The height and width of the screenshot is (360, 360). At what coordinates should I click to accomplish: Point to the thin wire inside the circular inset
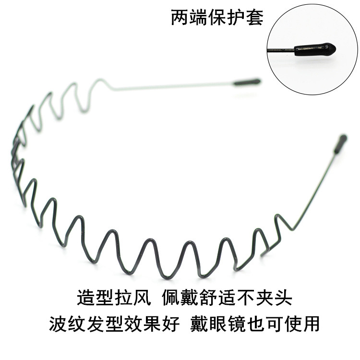coord(281,50)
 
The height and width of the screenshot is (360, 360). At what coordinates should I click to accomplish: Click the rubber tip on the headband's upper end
coord(247,82)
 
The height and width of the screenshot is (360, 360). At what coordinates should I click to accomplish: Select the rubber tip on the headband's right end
coord(341,143)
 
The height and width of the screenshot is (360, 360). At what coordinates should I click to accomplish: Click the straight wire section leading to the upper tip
coord(173,86)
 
